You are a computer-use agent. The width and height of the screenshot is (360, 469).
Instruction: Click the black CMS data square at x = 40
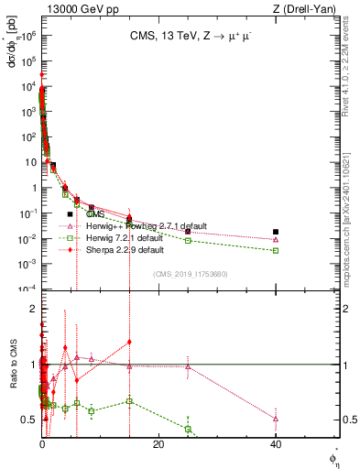(x=276, y=232)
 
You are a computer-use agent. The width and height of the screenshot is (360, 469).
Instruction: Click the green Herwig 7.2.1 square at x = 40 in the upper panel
(x=276, y=250)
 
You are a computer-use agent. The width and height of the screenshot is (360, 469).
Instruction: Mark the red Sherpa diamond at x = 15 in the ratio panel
(x=130, y=342)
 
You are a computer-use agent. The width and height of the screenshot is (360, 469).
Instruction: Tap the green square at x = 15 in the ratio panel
(x=130, y=401)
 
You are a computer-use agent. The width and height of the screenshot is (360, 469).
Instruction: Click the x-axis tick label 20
(x=158, y=444)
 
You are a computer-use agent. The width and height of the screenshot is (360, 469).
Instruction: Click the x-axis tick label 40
(x=276, y=444)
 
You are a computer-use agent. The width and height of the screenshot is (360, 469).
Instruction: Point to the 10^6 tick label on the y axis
(x=29, y=34)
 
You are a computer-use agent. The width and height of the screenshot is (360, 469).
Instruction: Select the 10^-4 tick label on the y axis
(x=28, y=289)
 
